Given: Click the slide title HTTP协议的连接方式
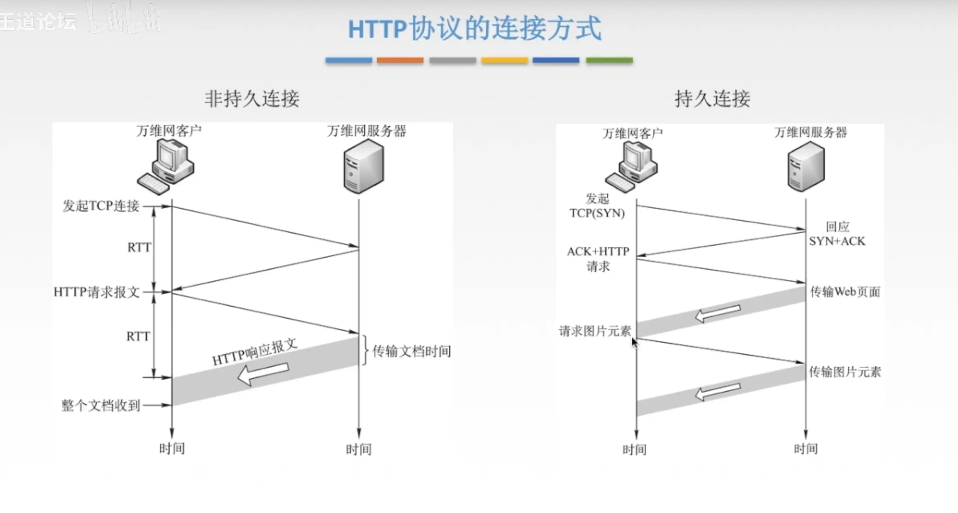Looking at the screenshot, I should tap(474, 29).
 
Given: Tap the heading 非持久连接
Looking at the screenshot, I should tap(252, 99).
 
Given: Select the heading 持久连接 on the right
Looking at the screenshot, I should tap(712, 99).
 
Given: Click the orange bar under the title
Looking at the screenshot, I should tap(400, 60).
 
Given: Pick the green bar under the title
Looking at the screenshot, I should tap(609, 60).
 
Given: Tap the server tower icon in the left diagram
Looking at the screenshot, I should tap(364, 167).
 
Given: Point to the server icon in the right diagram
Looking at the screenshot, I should tap(806, 167).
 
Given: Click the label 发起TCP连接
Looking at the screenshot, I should tap(101, 206).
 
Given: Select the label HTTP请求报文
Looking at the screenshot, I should tap(96, 292).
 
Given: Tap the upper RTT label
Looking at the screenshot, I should tap(139, 247).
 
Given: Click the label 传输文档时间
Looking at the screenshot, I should tap(411, 351).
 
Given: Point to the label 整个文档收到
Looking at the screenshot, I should tap(100, 405).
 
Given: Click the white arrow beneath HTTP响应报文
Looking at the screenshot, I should tap(263, 374).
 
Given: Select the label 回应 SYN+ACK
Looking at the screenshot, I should tap(837, 234).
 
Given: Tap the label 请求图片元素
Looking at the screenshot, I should tap(595, 331).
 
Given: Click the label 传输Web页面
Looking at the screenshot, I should tap(845, 292).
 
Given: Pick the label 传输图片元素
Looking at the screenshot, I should tap(845, 372).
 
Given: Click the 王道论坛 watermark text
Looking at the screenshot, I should tap(38, 21).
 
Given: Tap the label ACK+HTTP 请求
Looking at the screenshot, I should tap(598, 259).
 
